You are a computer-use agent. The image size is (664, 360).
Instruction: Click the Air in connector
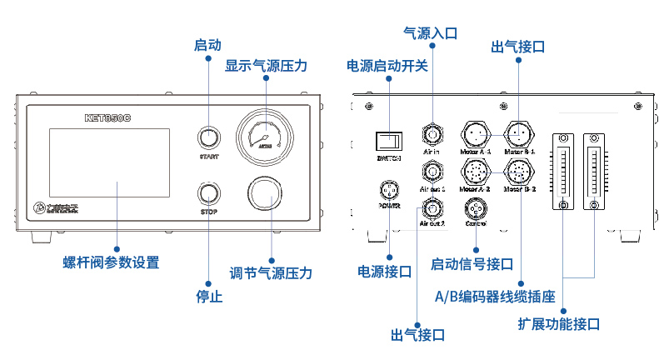click(x=432, y=133)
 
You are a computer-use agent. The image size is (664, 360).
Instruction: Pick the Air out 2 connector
click(x=432, y=207)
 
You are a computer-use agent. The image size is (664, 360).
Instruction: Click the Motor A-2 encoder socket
click(x=476, y=172)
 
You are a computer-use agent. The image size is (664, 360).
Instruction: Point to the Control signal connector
click(x=476, y=207)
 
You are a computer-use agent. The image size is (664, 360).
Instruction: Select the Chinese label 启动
click(x=207, y=45)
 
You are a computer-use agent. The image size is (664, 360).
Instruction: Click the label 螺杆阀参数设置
click(x=111, y=262)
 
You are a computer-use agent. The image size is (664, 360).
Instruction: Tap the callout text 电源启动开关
click(x=387, y=66)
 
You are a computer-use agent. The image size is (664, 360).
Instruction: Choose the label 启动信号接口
click(x=472, y=264)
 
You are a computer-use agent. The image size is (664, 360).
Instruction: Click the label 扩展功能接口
click(x=559, y=324)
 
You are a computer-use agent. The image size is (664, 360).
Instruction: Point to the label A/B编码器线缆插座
click(x=495, y=296)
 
